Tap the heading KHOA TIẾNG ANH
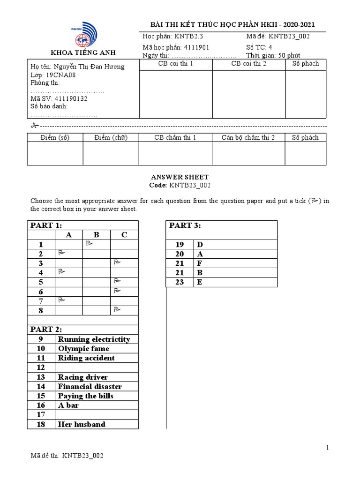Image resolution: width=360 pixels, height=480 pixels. (83, 52)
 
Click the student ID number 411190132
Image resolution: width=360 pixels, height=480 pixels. (71, 99)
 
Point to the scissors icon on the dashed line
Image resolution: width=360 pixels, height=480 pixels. (34, 126)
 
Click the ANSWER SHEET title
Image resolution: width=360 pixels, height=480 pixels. (180, 177)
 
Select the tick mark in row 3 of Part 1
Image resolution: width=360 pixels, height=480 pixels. (117, 262)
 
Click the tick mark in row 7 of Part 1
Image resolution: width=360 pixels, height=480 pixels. (61, 300)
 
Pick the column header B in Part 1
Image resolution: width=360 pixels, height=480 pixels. (97, 235)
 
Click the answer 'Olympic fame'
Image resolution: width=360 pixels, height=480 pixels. (83, 349)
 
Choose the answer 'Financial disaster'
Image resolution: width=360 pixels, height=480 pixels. (90, 387)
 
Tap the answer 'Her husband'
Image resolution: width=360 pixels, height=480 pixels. (82, 424)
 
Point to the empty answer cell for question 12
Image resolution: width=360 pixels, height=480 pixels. (97, 367)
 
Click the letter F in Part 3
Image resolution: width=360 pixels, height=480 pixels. (200, 263)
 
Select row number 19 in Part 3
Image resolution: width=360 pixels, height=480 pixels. (180, 245)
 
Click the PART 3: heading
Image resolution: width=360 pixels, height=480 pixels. (185, 226)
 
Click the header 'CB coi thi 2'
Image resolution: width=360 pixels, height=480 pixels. (248, 64)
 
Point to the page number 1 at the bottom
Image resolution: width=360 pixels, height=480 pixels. (328, 448)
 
